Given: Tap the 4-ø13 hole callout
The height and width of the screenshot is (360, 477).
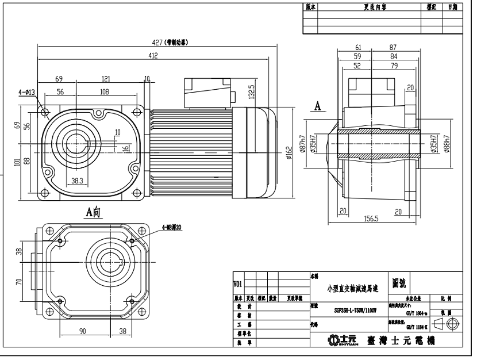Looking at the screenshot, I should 27,91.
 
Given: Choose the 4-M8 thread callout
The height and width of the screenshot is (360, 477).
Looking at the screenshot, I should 171,228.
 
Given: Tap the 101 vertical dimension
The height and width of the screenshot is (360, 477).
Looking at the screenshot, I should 17,164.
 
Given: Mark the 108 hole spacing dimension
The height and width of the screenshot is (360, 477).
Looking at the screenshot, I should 105,91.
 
